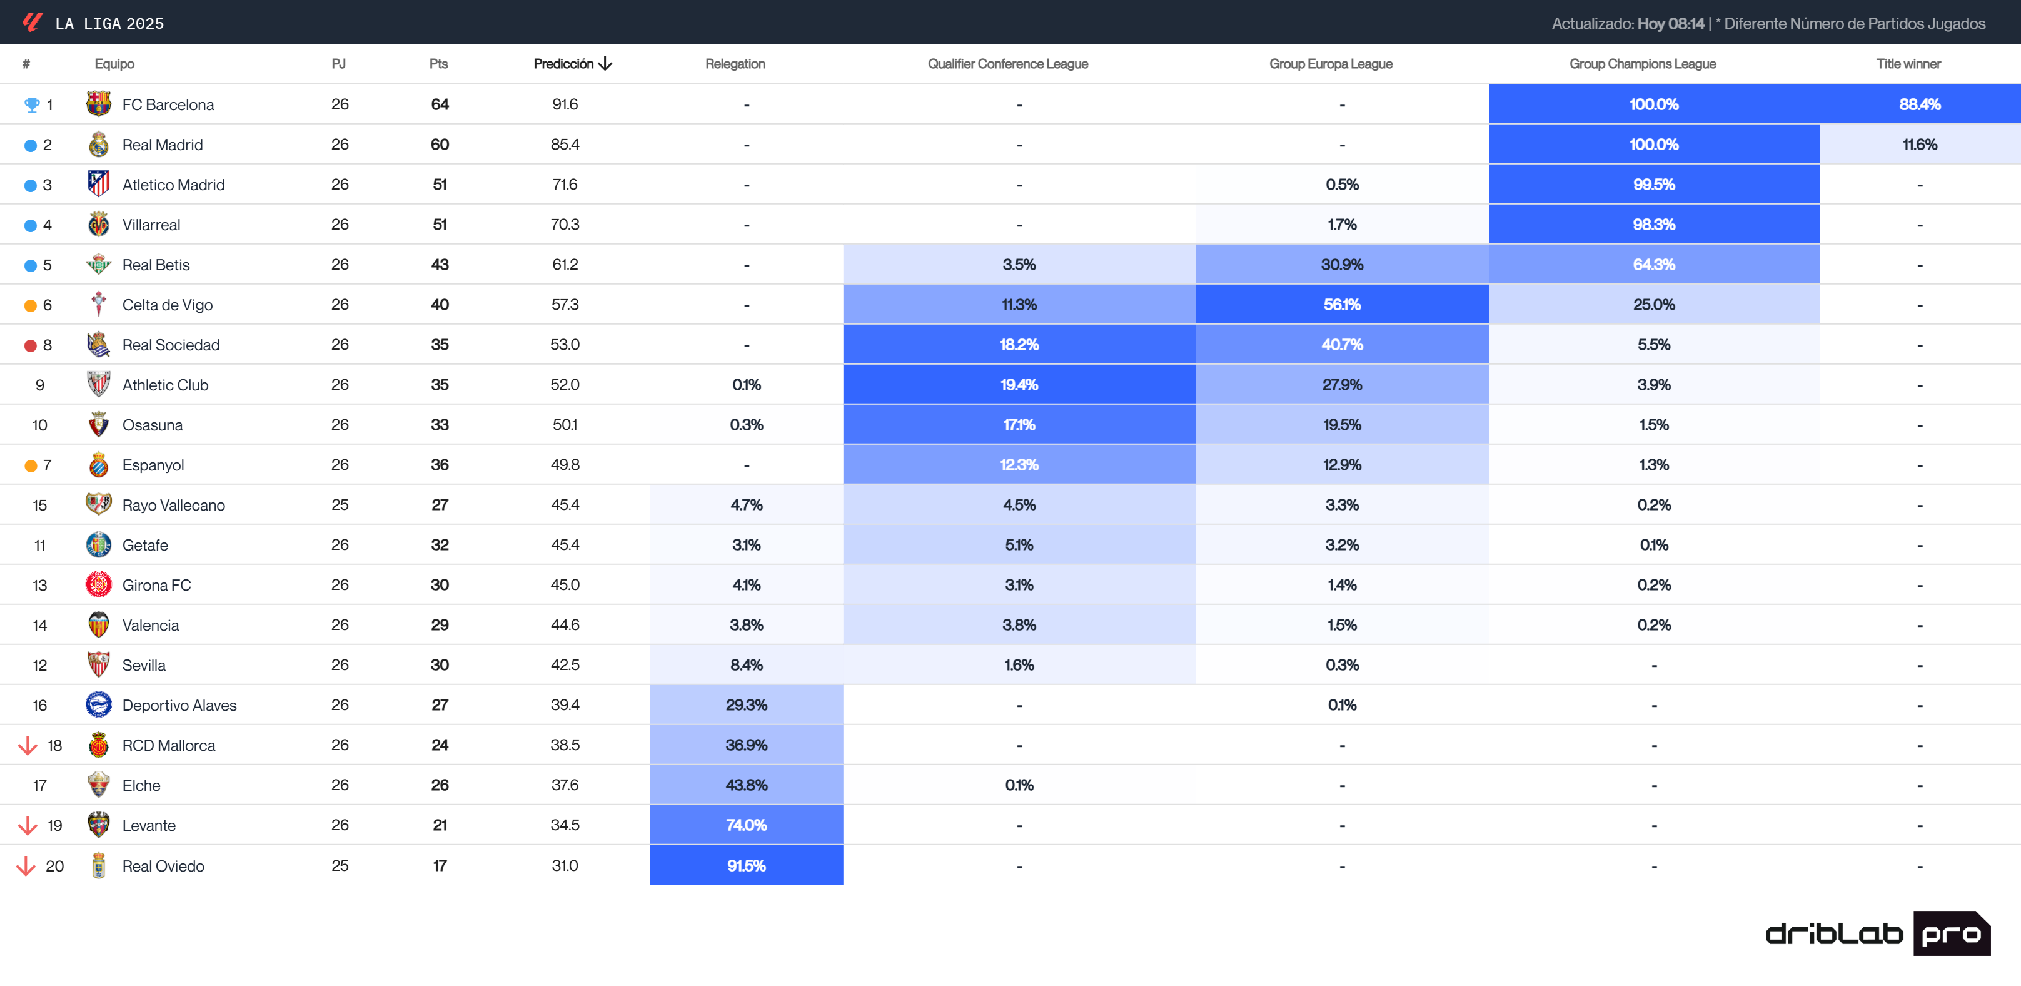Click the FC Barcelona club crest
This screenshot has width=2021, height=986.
click(x=98, y=104)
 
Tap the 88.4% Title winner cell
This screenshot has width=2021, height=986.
click(x=1919, y=104)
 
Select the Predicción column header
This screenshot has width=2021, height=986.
click(x=572, y=64)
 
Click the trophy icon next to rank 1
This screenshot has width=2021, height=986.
click(x=31, y=104)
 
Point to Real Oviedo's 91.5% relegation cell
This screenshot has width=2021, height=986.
click(x=746, y=865)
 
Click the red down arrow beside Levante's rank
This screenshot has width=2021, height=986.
click(x=28, y=825)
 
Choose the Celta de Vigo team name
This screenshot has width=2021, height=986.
click(x=167, y=305)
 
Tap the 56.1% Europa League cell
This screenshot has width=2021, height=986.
click(x=1341, y=305)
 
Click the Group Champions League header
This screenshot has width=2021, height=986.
click(x=1642, y=64)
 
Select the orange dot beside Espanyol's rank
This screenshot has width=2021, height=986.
click(x=31, y=465)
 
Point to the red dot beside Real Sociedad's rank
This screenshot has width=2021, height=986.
click(x=31, y=345)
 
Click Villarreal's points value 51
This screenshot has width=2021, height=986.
click(x=440, y=225)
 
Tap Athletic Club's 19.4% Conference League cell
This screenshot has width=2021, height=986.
click(x=1019, y=385)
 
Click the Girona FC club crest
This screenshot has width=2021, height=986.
click(x=98, y=585)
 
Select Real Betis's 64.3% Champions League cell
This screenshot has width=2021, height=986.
click(x=1653, y=265)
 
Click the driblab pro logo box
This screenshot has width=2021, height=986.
click(x=1950, y=933)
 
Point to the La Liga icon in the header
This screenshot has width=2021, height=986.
click(x=32, y=23)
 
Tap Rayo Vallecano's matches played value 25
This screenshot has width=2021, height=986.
click(x=340, y=505)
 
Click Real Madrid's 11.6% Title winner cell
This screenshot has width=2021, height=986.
click(x=1919, y=145)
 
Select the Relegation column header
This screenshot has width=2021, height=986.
click(x=734, y=64)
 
